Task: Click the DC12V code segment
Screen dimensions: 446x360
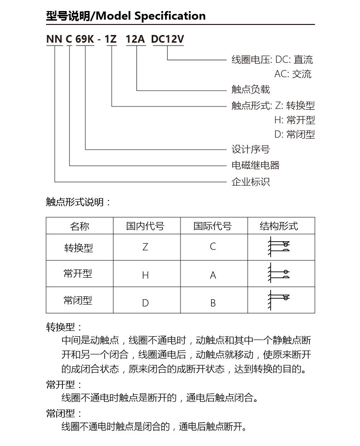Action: point(168,40)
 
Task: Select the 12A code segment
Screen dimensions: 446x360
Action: point(135,40)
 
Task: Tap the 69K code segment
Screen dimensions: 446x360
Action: point(84,40)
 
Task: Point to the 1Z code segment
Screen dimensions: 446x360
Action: point(111,40)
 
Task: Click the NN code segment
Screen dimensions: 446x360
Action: point(54,40)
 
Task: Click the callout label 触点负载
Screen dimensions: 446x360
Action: point(251,90)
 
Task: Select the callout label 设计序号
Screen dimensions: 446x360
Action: point(251,150)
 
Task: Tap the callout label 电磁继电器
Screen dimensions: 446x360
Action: point(255,165)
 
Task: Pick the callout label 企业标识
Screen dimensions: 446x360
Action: point(251,182)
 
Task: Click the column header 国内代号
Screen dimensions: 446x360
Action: point(145,226)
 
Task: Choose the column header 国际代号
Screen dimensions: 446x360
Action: point(213,226)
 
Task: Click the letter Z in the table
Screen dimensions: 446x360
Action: point(145,247)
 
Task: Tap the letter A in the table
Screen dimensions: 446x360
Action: point(213,275)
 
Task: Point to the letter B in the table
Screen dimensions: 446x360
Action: point(213,303)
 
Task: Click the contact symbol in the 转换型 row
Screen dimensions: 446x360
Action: point(279,247)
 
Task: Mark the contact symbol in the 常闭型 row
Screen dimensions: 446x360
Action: point(279,300)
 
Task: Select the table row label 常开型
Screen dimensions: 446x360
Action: point(78,274)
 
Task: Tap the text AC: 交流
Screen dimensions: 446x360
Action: point(293,74)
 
